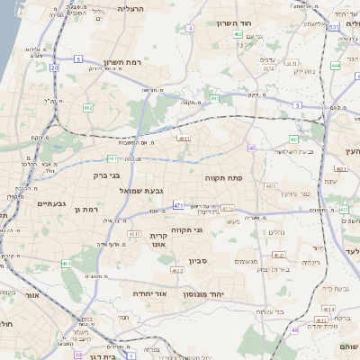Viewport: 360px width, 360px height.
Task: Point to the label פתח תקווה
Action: coord(233,178)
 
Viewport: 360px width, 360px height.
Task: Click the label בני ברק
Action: coord(106,175)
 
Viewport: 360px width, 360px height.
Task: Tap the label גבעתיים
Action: coord(53,203)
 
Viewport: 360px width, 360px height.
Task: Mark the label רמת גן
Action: coord(87,209)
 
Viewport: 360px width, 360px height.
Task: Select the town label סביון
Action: coord(198,261)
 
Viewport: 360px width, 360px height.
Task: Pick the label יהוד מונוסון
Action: coord(210,294)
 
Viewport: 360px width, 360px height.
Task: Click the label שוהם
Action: coord(349,346)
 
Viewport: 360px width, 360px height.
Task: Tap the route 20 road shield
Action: coord(54,67)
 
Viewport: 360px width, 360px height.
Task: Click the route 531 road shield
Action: coord(333,27)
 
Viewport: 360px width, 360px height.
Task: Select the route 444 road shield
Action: coord(335,65)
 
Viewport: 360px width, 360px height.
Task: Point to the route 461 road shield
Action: coord(66,264)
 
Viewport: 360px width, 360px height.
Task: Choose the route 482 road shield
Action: coord(87,108)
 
